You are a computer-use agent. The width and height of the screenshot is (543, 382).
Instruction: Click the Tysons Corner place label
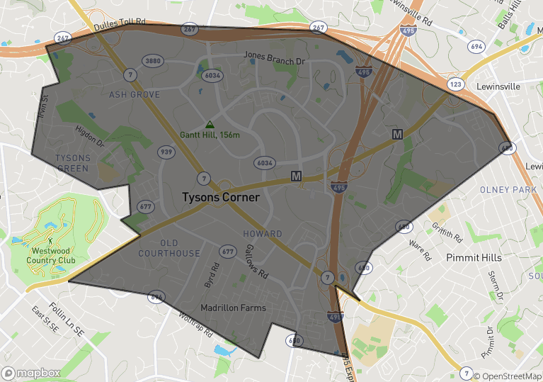(221, 198)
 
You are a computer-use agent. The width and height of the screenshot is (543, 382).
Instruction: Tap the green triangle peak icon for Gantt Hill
(210, 124)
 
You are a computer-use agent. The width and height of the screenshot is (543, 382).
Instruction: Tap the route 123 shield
(457, 84)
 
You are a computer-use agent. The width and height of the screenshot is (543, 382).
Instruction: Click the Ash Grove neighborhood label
(135, 94)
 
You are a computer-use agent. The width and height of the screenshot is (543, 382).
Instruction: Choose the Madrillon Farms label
(233, 308)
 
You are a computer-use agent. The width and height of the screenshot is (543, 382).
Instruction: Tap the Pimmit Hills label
(474, 258)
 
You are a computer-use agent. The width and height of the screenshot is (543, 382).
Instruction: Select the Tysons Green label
(72, 162)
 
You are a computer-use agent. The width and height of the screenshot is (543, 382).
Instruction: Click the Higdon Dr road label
(90, 136)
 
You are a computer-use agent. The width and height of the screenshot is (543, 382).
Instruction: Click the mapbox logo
(31, 373)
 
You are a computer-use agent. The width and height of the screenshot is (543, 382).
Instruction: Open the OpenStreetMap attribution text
(507, 376)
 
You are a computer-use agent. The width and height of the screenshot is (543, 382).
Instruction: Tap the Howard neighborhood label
(263, 234)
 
